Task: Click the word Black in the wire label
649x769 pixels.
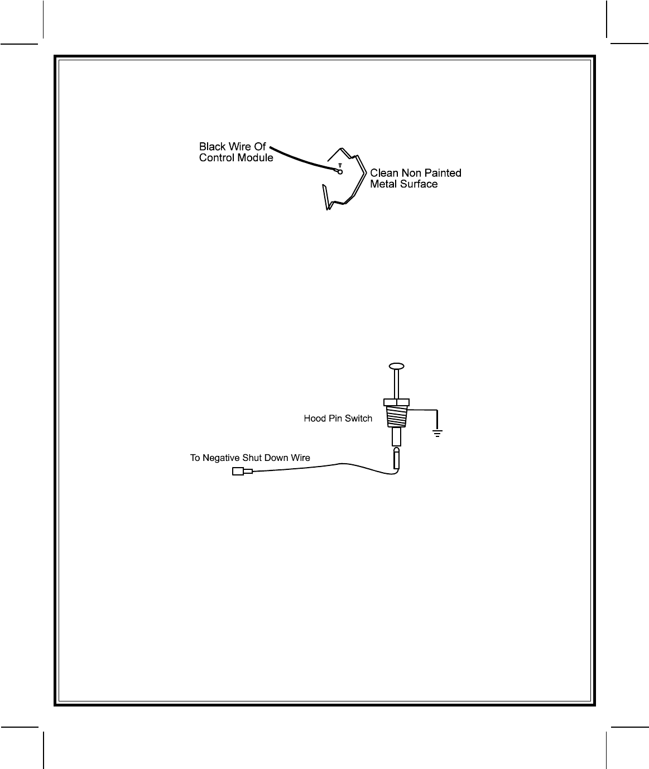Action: click(212, 147)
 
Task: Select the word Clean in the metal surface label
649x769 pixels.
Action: click(384, 173)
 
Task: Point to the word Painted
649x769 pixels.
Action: click(443, 173)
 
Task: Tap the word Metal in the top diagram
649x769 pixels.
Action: click(383, 184)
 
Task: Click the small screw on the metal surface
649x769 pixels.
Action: click(340, 166)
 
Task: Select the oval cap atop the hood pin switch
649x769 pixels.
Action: click(396, 366)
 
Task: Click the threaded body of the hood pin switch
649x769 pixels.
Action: click(396, 416)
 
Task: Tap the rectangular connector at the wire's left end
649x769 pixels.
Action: click(238, 472)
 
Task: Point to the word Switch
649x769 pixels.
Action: click(359, 419)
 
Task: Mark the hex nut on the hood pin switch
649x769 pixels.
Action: click(396, 401)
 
